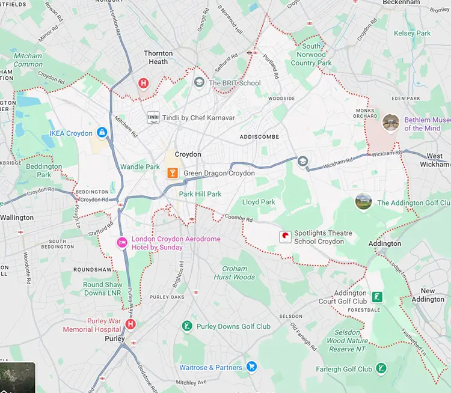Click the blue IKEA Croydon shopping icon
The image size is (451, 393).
(102, 132)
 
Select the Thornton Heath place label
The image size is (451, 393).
(158, 57)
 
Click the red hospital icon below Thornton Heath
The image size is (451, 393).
(143, 83)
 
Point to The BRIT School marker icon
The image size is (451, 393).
(199, 82)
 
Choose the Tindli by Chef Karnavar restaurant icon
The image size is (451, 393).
(153, 117)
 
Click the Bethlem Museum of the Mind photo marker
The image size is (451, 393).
(391, 123)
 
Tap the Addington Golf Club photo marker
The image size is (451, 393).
(364, 202)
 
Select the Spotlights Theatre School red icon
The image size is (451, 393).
(285, 237)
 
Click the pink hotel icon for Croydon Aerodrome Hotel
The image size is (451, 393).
(121, 243)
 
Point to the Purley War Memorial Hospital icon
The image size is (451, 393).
(130, 324)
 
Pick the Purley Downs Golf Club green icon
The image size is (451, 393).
(187, 326)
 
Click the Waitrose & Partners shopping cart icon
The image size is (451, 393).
(251, 367)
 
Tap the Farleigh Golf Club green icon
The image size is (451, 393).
(381, 368)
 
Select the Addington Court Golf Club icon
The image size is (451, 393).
(377, 297)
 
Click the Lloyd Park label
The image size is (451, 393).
(259, 203)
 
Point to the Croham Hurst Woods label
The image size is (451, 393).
(235, 273)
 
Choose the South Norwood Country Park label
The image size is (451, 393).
(311, 55)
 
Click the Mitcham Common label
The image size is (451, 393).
(28, 60)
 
